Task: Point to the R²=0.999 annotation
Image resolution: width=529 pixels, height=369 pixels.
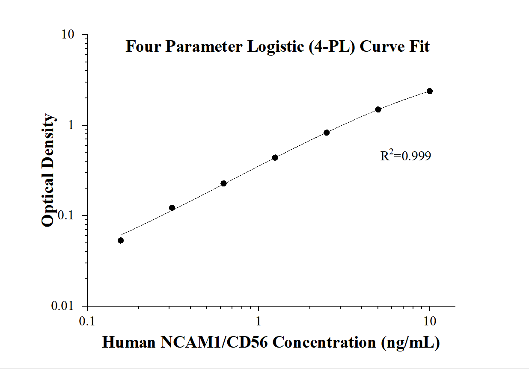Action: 405,156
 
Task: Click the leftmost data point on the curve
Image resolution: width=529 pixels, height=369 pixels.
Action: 121,240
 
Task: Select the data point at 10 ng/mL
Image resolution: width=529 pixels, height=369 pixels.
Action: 430,91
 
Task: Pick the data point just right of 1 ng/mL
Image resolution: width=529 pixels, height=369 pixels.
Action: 275,158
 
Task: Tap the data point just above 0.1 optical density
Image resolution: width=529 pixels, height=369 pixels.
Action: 172,208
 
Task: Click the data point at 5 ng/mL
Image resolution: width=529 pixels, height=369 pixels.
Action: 378,109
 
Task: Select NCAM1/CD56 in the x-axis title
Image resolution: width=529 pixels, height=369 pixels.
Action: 216,343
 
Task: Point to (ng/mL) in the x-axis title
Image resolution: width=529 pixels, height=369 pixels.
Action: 410,343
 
